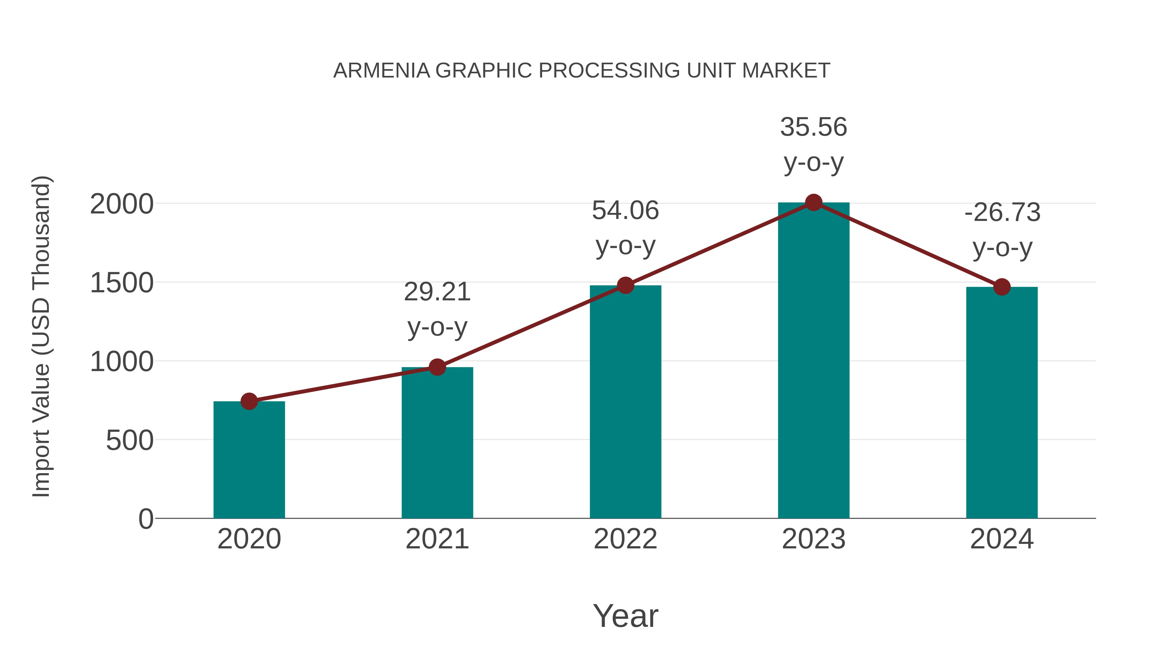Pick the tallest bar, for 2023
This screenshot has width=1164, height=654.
coord(814,361)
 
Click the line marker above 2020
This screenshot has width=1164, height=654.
coord(249,401)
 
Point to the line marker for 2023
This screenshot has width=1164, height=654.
coord(814,202)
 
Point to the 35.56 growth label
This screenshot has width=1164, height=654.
coord(814,127)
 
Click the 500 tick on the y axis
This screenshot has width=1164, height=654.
coord(130,441)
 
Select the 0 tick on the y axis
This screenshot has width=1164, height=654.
coord(145,519)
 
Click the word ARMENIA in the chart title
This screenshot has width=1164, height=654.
coord(382,71)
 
